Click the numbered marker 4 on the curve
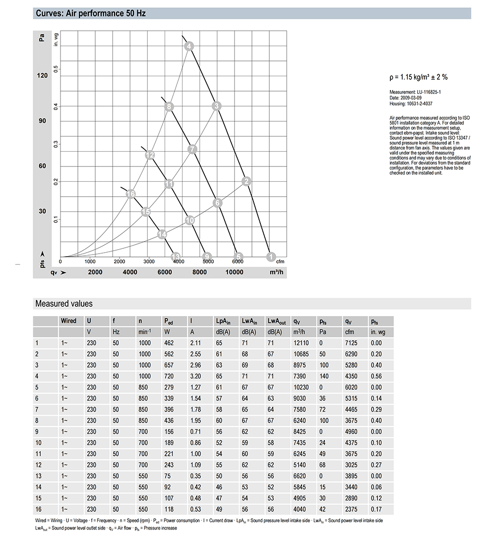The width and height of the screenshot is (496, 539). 189,47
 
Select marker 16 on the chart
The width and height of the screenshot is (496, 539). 130,194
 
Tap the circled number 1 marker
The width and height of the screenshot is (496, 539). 270,257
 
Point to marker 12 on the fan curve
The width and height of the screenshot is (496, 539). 150,155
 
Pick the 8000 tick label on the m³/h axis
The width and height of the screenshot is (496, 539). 199,272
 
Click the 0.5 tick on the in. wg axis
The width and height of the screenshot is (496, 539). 56,68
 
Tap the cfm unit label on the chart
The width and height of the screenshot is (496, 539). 280,261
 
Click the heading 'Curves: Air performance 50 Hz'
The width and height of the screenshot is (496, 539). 91,13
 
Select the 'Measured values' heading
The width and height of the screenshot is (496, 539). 64,304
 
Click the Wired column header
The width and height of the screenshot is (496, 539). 68,321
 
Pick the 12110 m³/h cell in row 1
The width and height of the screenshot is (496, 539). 301,343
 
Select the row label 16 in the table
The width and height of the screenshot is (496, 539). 38,509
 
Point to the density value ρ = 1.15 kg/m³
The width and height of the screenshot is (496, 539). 419,77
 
